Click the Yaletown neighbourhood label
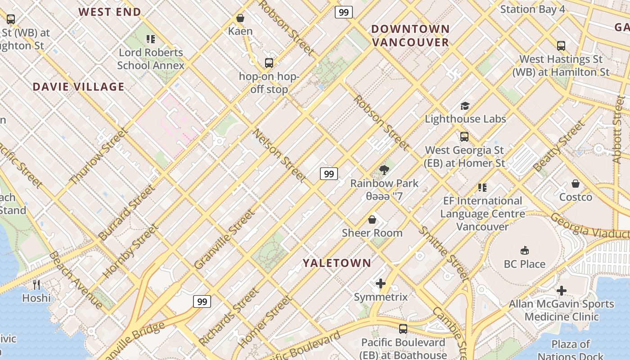pos(337,263)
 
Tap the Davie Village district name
pos(78,87)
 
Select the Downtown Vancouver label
pos(410,36)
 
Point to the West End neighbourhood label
pos(110,12)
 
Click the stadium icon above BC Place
pos(524,250)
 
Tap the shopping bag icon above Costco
pos(576,184)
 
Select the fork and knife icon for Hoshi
pos(36,284)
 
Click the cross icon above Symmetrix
pos(381,283)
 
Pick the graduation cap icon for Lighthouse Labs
pos(465,106)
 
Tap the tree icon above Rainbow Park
pos(384,170)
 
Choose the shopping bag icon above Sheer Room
pos(372,220)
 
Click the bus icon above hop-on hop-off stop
pos(269,63)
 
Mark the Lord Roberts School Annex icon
pos(151,39)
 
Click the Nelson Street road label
pos(279,156)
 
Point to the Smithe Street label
pos(443,253)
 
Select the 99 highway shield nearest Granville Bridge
pos(202,301)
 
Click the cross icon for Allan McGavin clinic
pos(561,291)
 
